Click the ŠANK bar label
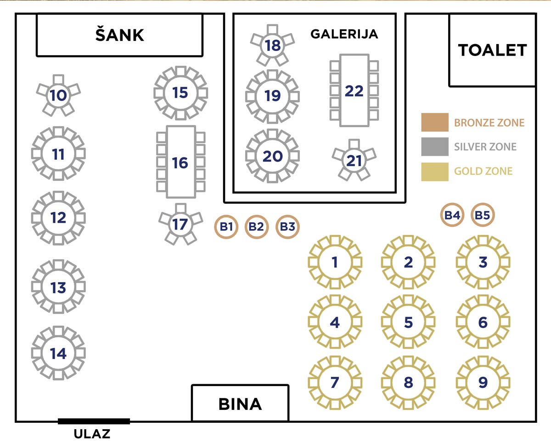pos(120,35)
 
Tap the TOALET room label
pos(492,50)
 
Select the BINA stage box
pos(240,403)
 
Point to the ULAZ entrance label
pos(92,434)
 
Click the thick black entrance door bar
pos(94,421)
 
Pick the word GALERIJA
pos(344,34)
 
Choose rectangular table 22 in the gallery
pos(354,90)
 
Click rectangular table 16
pos(180,162)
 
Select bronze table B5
pos(483,215)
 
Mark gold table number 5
pos(408,322)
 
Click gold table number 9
pos(483,382)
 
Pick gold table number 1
pos(335,262)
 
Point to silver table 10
pos(58,96)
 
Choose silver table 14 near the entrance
pos(58,353)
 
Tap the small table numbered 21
pos(354,161)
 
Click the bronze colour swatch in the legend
pos(435,123)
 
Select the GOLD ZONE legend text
pos(483,172)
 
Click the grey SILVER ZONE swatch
pos(435,147)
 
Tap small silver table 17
pos(180,224)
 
